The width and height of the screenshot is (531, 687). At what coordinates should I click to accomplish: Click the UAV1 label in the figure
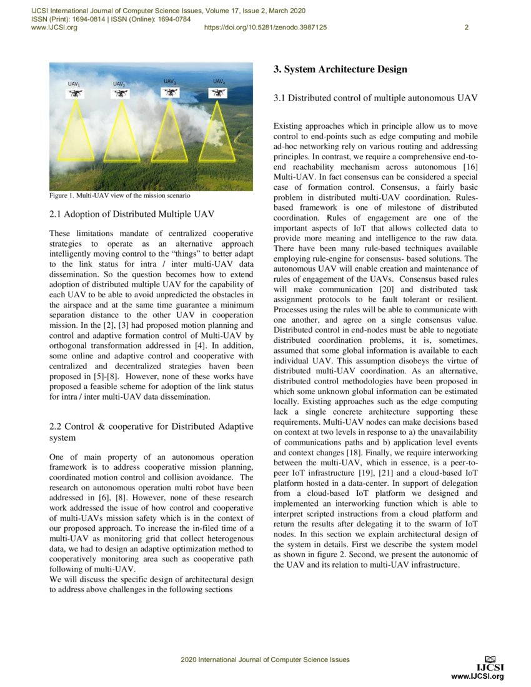coord(74,83)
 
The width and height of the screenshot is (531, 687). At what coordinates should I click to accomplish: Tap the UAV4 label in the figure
coord(219,82)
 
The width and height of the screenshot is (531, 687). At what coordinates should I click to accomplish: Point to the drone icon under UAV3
coord(169,92)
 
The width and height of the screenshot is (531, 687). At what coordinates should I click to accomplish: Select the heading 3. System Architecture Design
coord(340,69)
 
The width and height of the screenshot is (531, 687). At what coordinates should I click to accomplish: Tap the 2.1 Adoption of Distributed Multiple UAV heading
coord(131,214)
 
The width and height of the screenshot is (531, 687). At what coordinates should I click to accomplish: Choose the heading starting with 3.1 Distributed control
coord(375,98)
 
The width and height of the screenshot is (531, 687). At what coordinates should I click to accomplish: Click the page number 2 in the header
coord(466,27)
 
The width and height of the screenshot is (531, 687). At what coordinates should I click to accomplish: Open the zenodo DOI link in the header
coord(265,27)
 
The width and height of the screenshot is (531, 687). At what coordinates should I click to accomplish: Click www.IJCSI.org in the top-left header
coord(54,27)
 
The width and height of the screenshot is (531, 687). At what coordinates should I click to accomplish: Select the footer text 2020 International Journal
coord(265,660)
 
